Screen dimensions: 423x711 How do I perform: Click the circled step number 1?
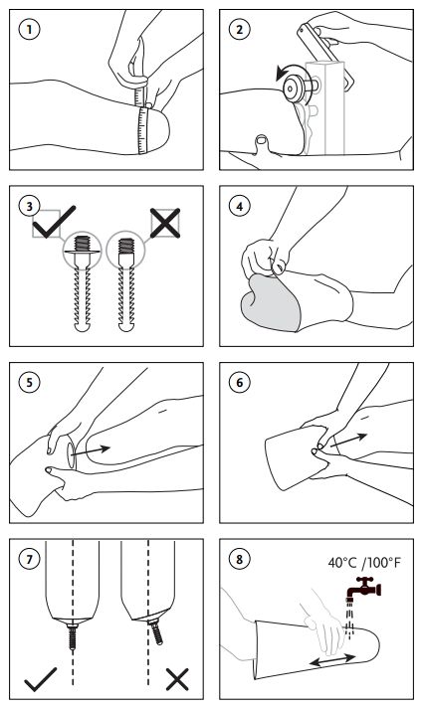[30, 30]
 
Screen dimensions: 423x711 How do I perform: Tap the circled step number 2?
[239, 30]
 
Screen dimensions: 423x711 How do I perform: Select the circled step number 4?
[239, 206]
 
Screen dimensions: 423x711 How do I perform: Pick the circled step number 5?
[30, 383]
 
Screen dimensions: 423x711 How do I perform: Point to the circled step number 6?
[239, 383]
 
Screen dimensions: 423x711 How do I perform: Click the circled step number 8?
[239, 559]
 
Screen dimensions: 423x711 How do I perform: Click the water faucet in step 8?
[364, 588]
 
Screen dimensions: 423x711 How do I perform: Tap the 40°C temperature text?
[342, 563]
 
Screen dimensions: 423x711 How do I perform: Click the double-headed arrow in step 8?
[332, 659]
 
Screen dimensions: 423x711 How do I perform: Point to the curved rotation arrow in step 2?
[284, 73]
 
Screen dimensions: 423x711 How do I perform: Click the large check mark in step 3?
[55, 222]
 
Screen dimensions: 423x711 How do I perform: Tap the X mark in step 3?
[165, 223]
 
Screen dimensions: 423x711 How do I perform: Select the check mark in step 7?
[41, 679]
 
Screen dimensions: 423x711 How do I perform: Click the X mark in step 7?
[177, 679]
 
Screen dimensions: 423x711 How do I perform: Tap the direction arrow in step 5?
[91, 451]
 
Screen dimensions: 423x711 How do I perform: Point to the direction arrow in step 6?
[348, 441]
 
